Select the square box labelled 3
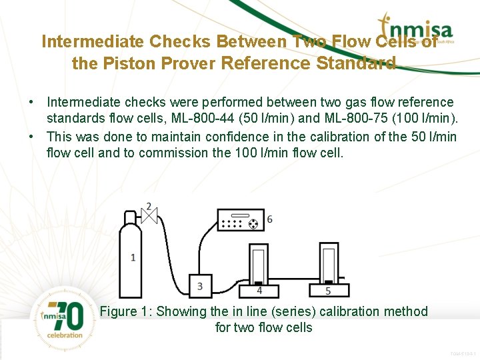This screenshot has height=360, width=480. [x=200, y=286]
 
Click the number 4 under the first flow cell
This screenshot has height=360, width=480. [x=259, y=291]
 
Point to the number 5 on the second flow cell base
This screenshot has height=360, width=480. [x=328, y=291]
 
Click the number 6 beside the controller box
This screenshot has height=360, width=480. [x=269, y=219]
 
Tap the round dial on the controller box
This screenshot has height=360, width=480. [x=253, y=224]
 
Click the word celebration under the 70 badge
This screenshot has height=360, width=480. [x=65, y=335]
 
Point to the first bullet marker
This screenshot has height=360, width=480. [x=31, y=103]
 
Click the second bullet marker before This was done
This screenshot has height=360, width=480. [x=31, y=137]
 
